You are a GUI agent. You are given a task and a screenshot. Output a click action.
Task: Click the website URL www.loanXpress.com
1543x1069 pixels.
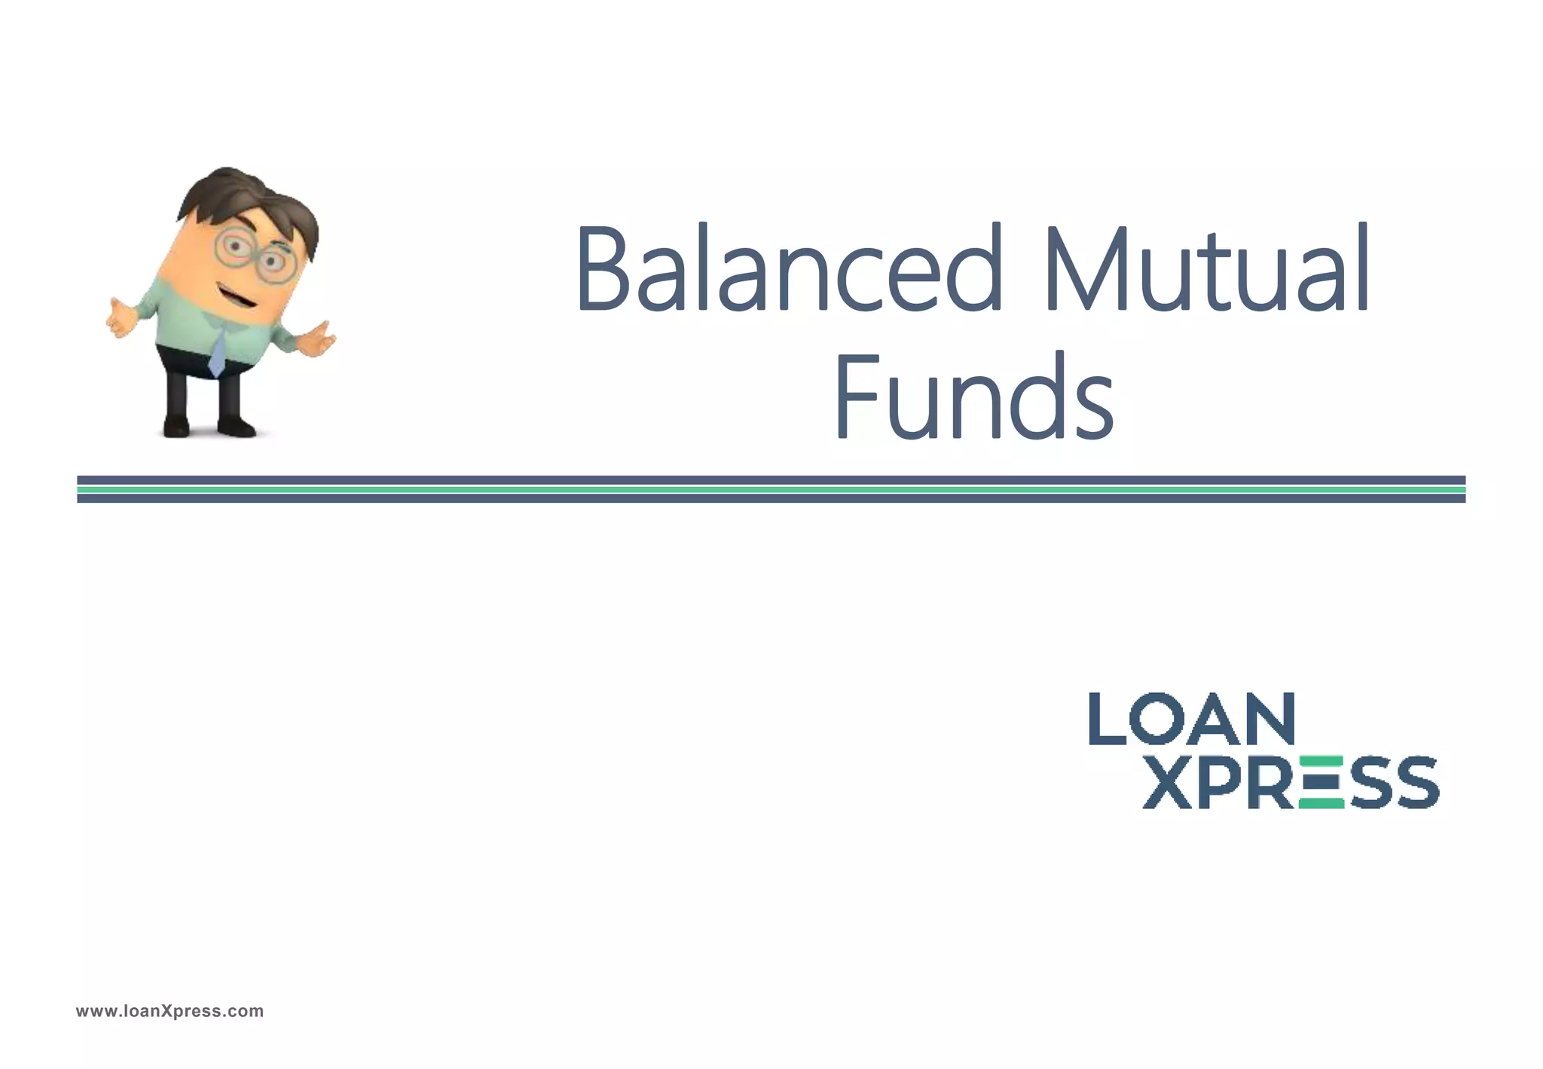click(x=170, y=1011)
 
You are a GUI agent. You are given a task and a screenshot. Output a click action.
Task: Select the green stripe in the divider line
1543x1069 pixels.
click(x=771, y=489)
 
